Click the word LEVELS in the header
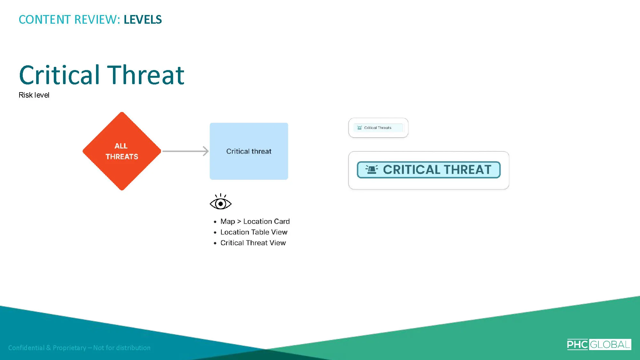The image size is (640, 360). point(143,20)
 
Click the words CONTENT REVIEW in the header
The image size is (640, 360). point(68,20)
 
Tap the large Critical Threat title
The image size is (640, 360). point(102,75)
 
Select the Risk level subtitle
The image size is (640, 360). point(34,95)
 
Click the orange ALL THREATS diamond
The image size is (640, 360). point(122,151)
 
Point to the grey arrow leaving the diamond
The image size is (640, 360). point(186,151)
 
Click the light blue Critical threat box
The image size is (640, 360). point(249,151)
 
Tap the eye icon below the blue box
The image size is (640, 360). point(220,202)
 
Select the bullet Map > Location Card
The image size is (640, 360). point(255,221)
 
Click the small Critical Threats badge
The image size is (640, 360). point(378,128)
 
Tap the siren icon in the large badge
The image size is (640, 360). point(372,169)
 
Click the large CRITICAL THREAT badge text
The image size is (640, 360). point(437,170)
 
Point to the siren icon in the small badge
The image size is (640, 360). point(359,128)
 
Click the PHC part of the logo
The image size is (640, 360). point(578,344)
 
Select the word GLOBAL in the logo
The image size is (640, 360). point(610,344)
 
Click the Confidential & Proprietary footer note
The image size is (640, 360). point(79,348)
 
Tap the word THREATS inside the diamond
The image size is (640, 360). point(122,156)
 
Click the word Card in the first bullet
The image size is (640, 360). point(282,221)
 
